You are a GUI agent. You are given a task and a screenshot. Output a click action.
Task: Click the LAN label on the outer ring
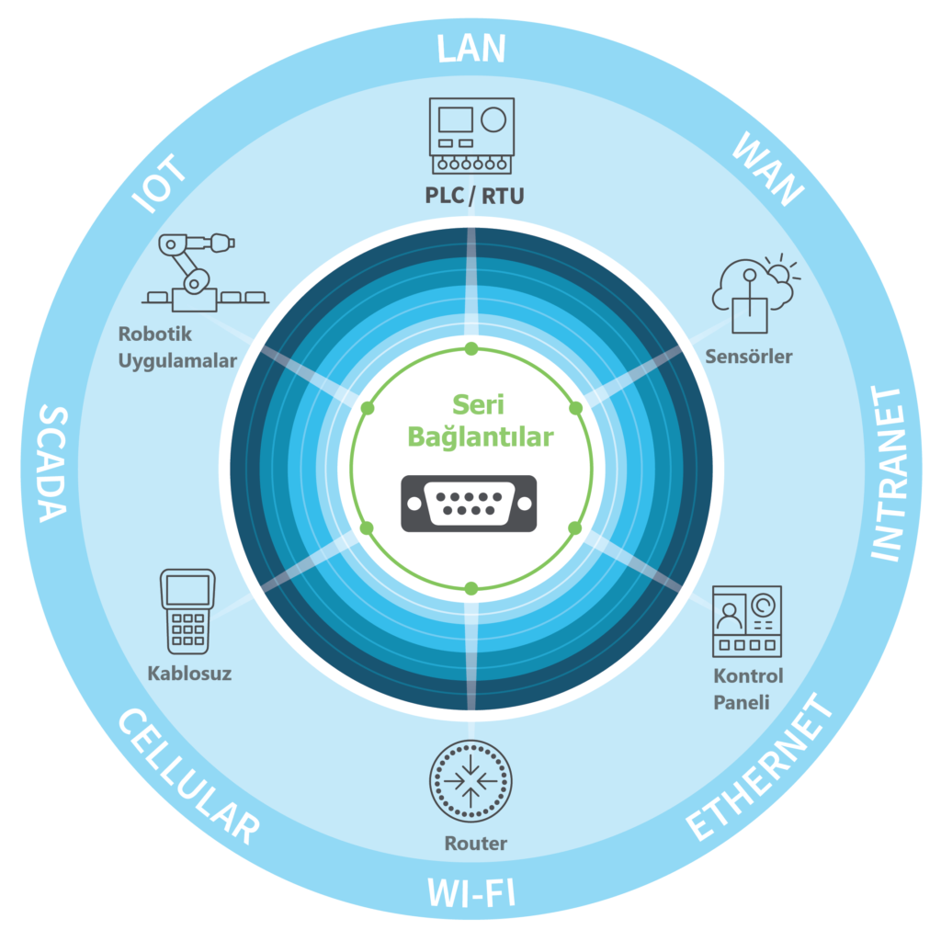(x=470, y=49)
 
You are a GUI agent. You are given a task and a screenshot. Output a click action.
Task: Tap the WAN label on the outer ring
(x=767, y=169)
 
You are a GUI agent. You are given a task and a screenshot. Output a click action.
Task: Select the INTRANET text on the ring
(x=887, y=474)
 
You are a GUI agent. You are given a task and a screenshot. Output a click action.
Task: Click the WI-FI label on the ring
(x=470, y=892)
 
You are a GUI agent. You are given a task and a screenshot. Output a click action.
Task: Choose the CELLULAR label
(x=187, y=777)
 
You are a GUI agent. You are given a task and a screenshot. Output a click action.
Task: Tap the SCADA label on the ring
(x=52, y=463)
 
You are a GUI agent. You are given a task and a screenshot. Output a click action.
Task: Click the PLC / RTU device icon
(x=471, y=135)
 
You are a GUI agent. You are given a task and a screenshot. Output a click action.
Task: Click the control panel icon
(x=747, y=621)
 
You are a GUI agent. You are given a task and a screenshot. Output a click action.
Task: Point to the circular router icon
(x=470, y=782)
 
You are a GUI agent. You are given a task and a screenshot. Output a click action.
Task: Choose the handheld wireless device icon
(x=187, y=608)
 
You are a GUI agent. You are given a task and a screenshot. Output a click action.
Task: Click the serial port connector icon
(x=469, y=503)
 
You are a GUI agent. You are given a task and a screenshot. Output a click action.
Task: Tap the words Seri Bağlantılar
(x=480, y=421)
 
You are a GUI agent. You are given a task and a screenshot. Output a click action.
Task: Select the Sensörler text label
(x=748, y=357)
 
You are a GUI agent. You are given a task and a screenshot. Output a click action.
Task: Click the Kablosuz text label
(x=189, y=674)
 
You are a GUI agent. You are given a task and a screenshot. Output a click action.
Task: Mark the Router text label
(x=475, y=843)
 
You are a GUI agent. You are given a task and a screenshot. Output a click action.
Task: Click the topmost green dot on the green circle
(x=471, y=348)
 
